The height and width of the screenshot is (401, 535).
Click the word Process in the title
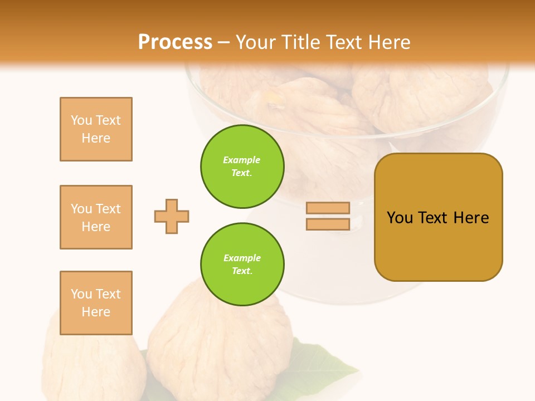tap(175, 42)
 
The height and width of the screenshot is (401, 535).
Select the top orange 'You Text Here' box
tap(96, 129)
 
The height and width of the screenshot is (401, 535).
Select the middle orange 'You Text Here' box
tap(96, 217)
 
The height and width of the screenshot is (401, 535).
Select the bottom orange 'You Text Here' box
tap(96, 303)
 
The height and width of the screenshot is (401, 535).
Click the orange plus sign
tap(172, 216)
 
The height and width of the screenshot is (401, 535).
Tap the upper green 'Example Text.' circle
tap(242, 167)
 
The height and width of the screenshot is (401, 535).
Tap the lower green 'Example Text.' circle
tap(242, 265)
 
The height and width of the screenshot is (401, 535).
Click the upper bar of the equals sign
tap(328, 208)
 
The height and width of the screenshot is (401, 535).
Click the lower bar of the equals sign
tap(328, 224)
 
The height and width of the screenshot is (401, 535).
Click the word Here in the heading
tap(389, 42)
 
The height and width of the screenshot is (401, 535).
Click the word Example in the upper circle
tap(242, 160)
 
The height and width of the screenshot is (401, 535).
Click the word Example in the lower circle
tap(242, 258)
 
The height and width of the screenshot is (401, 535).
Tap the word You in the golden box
tap(400, 218)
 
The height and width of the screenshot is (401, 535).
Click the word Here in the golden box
tap(471, 218)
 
